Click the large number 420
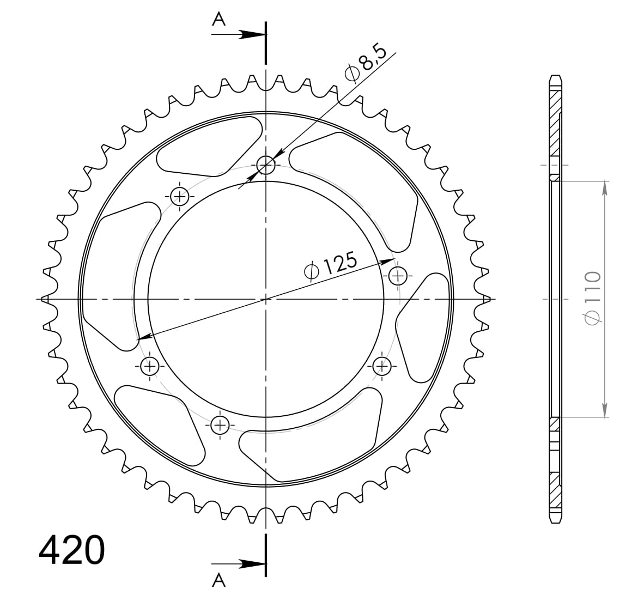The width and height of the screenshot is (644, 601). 71,550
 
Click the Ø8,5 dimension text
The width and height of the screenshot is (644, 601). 366,65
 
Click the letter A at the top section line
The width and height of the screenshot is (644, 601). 218,20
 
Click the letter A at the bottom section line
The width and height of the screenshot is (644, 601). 218,581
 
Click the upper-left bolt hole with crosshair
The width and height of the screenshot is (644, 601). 180,196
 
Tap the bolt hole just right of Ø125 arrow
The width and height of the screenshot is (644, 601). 398,276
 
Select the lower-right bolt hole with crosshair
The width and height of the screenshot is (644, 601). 382,366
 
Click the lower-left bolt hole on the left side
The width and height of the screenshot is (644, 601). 150,366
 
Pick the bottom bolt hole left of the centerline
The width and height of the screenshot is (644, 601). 220,424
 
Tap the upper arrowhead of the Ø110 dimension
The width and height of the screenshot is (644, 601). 604,187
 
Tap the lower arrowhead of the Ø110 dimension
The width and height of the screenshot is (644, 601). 604,411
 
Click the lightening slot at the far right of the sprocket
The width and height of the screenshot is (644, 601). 423,327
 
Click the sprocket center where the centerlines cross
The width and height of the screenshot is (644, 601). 266,299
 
